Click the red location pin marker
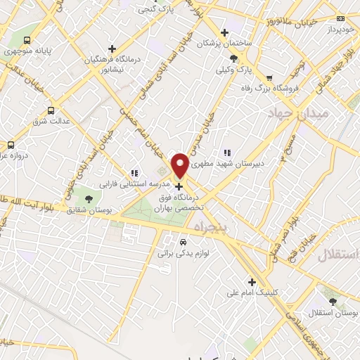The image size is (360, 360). tap(180, 165)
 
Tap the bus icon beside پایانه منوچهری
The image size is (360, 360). tap(27, 40)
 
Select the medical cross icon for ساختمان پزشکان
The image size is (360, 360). tap(224, 32)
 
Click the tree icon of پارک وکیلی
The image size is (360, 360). tap(233, 59)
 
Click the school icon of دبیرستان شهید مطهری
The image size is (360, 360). tap(226, 152)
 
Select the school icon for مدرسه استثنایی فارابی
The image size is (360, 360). tap(134, 173)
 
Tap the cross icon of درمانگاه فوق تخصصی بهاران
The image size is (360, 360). tap(180, 187)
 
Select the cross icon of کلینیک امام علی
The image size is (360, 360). tap(252, 282)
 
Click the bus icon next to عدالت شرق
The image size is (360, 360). tap(51, 110)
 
